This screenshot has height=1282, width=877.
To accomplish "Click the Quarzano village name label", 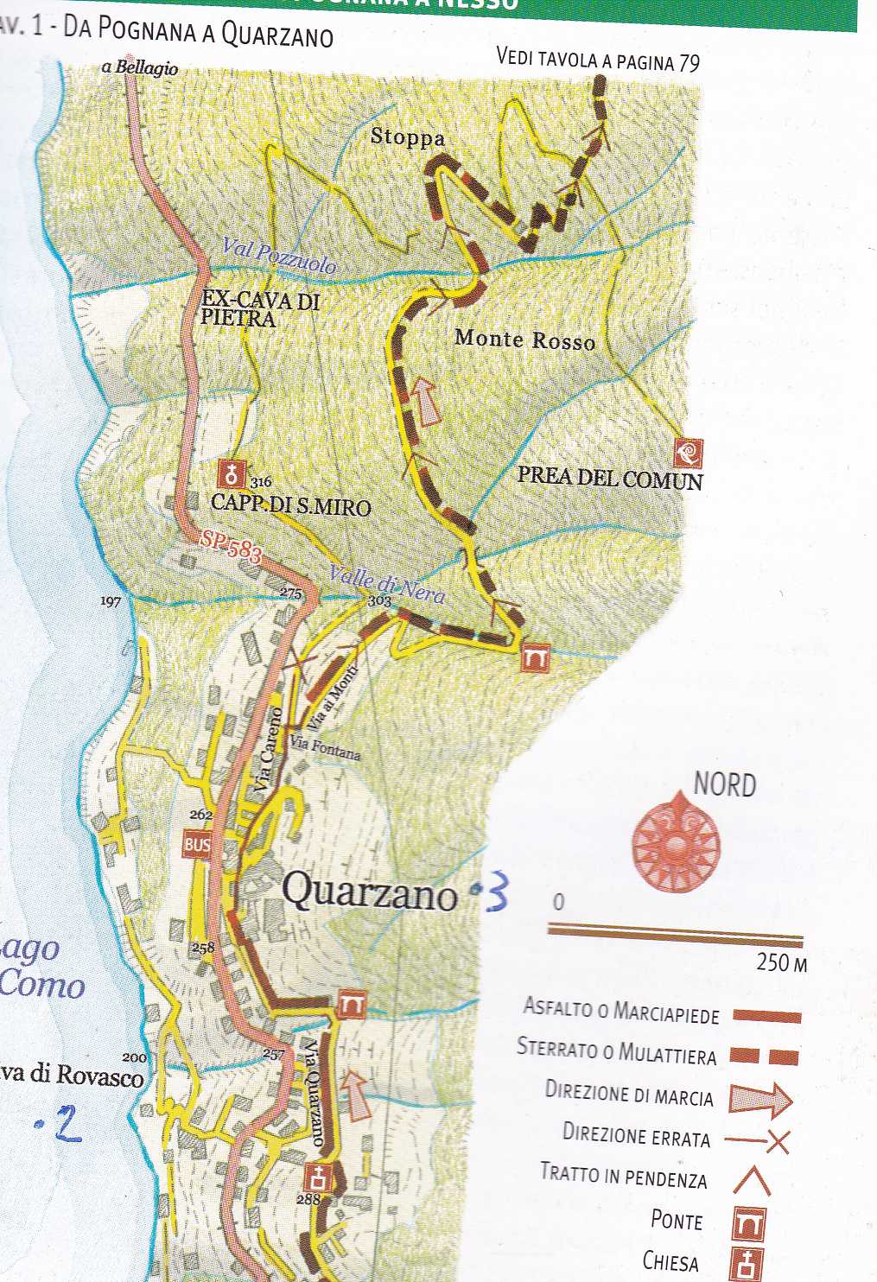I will tap(370, 892).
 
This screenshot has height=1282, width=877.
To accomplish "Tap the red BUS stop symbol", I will tap(197, 844).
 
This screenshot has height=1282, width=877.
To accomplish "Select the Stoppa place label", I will tap(408, 137).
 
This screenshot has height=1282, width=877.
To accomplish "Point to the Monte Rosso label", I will tap(525, 340).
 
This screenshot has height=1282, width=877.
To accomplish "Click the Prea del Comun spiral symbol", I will tap(689, 453).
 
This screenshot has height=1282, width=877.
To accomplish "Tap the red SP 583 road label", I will tap(231, 547).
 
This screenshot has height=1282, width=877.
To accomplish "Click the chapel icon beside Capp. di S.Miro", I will tap(232, 474).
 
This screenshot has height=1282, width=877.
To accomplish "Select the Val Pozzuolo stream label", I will tap(278, 256).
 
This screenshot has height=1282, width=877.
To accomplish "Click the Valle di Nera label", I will tap(386, 585).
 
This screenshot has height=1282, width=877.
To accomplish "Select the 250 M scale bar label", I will tap(781, 962).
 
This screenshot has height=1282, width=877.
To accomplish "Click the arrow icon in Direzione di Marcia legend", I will tap(759, 1099).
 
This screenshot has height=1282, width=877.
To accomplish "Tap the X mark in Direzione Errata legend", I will tap(777, 1142).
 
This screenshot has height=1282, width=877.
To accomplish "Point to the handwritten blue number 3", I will tap(497, 897).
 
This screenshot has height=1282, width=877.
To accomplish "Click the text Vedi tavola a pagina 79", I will tap(598, 60).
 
